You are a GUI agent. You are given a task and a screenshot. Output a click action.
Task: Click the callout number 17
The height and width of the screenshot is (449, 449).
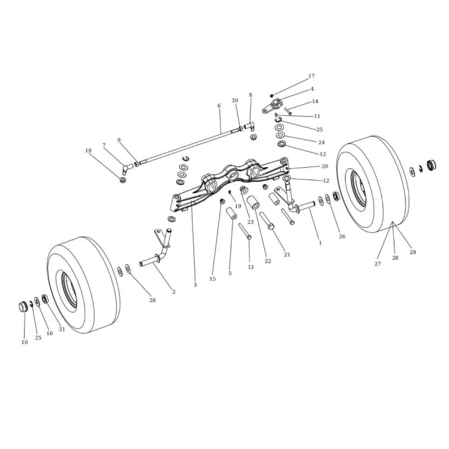tap(311, 76)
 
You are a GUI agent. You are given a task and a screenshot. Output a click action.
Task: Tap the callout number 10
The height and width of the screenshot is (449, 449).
tap(25, 342)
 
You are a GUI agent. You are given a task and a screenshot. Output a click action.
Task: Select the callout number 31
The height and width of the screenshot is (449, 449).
tap(62, 329)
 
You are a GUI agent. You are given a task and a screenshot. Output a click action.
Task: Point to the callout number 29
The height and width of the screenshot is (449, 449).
tap(413, 252)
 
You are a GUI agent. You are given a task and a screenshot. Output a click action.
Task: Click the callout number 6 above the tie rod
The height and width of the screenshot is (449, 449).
tap(219, 106)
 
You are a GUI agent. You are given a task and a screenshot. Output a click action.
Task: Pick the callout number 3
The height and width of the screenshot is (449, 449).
tap(195, 285)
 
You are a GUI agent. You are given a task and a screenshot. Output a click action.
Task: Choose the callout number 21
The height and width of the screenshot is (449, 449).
tap(287, 254)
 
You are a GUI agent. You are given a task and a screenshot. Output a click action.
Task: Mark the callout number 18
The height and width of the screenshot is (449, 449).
tap(88, 150)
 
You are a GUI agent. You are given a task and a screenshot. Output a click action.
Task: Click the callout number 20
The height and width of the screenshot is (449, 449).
tap(325, 166)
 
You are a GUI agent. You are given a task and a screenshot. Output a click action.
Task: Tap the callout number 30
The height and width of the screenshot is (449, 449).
tap(235, 100)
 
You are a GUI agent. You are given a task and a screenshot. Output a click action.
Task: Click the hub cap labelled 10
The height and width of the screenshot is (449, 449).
tap(23, 306)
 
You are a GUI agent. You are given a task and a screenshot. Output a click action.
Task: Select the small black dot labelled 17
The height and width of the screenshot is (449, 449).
tap(272, 95)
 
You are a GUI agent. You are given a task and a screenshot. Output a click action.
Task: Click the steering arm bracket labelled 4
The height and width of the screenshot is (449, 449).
tap(272, 106)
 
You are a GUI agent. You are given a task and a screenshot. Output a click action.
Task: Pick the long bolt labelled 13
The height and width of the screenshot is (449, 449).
tap(245, 231)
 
